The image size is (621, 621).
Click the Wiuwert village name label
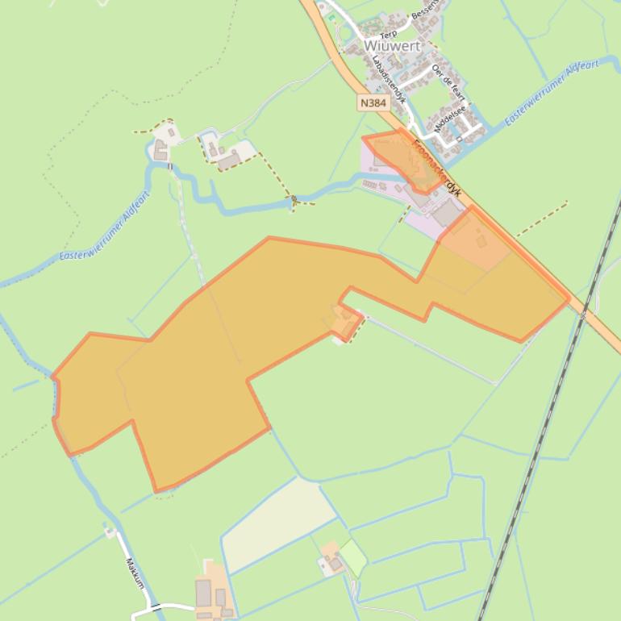point(392,46)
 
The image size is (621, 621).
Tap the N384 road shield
point(373,103)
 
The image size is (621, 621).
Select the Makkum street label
point(134,573)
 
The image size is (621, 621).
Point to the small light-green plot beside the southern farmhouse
point(352,556)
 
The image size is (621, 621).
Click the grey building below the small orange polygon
point(447,214)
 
